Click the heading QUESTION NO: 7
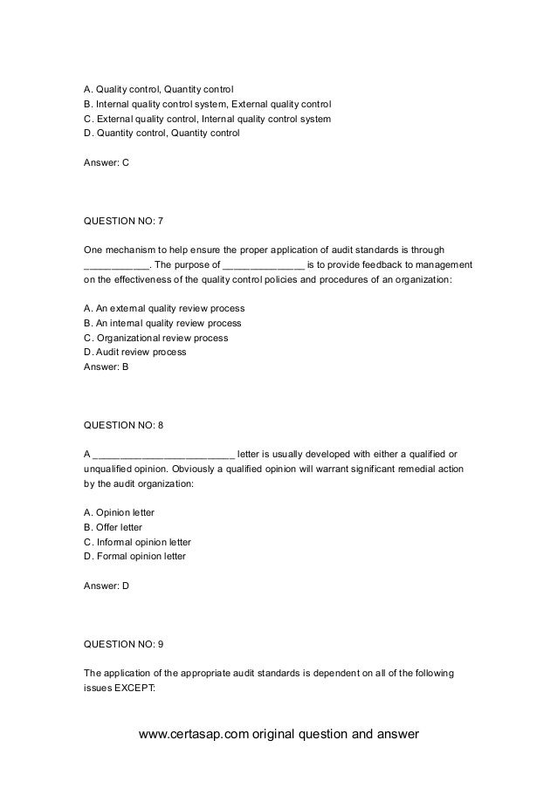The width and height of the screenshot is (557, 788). pyautogui.click(x=123, y=221)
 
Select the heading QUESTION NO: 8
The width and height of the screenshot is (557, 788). pyautogui.click(x=123, y=425)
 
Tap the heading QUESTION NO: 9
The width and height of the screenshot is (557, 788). pyautogui.click(x=123, y=644)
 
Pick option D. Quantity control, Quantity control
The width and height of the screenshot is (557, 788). pyautogui.click(x=161, y=134)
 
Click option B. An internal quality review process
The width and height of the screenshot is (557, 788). pyautogui.click(x=162, y=323)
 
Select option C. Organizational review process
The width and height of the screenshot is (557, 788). pyautogui.click(x=155, y=338)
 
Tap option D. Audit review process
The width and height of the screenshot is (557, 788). pyautogui.click(x=134, y=353)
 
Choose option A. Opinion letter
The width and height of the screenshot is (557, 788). pyautogui.click(x=119, y=512)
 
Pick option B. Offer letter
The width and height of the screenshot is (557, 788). pyautogui.click(x=113, y=527)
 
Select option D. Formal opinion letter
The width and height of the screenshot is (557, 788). pyautogui.click(x=134, y=557)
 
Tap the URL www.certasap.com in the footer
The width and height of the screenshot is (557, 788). pyautogui.click(x=194, y=733)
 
